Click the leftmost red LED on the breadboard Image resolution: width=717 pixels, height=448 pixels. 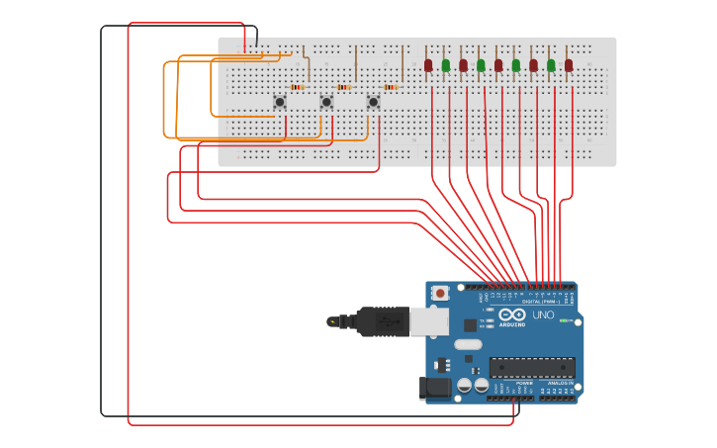pos(428,65)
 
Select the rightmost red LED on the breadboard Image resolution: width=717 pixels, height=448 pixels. pos(569,65)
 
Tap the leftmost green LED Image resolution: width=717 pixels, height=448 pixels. pos(446,65)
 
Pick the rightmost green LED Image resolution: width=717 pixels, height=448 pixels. pos(551,65)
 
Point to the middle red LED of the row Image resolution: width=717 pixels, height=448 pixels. pos(498,65)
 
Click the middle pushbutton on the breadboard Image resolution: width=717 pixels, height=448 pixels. pos(326,102)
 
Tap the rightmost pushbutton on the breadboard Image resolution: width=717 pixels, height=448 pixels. pos(373,102)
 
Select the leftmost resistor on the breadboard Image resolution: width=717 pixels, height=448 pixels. pos(297,87)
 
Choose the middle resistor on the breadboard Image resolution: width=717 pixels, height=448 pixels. pos(343,87)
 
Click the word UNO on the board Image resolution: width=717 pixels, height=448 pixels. pos(543,314)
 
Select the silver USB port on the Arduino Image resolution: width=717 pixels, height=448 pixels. pos(429,320)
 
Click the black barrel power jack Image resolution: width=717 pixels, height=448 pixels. pos(435,388)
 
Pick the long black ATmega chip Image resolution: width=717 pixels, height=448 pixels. pos(532,367)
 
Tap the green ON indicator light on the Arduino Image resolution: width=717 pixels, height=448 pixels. pos(563,320)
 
